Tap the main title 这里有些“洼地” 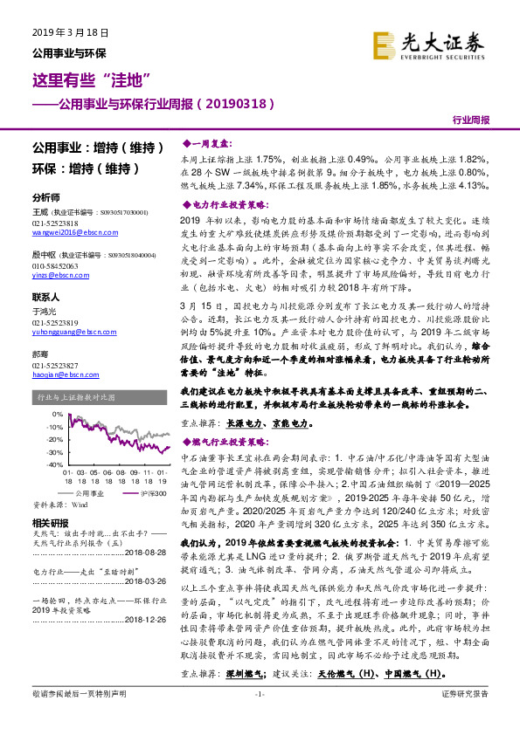coord(85,81)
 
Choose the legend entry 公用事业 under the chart coord(87,492)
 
